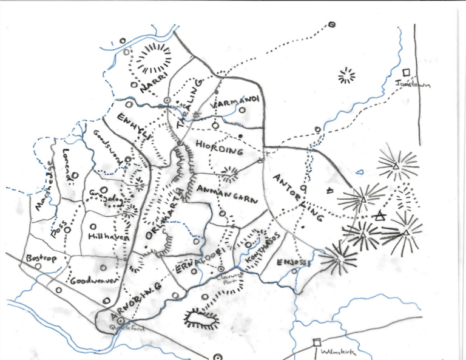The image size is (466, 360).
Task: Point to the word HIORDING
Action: pyautogui.click(x=219, y=147)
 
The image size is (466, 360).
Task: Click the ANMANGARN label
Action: pyautogui.click(x=228, y=194)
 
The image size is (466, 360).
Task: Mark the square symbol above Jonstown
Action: pyautogui.click(x=407, y=72)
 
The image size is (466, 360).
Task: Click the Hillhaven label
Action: pyautogui.click(x=109, y=237)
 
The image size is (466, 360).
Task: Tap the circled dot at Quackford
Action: pyautogui.click(x=120, y=320)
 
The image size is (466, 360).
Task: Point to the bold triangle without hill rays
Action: pyautogui.click(x=380, y=215)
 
